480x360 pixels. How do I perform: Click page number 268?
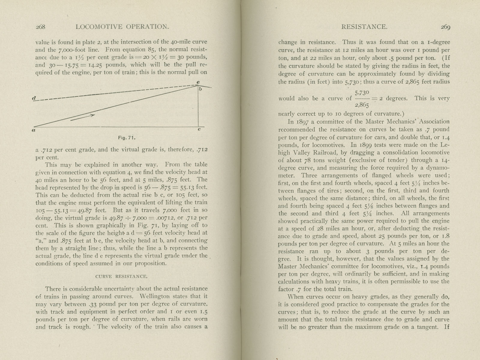(40, 27)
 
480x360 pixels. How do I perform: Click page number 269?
(445, 27)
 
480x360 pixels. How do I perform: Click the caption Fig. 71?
(127, 138)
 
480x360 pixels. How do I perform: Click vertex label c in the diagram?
(199, 130)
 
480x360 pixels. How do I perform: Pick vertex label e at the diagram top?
(198, 82)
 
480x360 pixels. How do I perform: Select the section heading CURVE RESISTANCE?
(121, 276)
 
